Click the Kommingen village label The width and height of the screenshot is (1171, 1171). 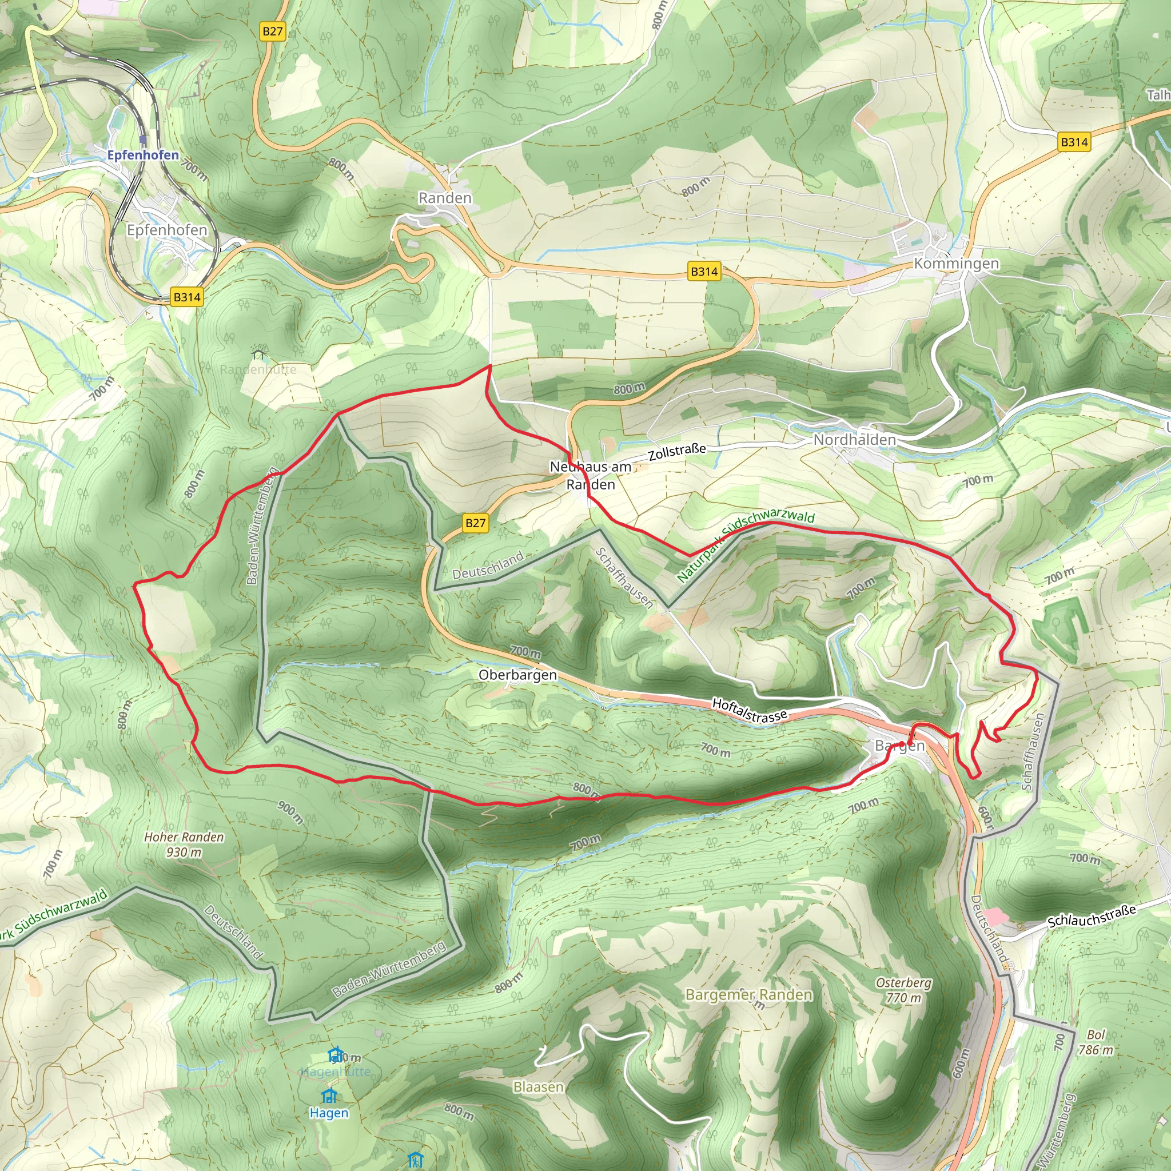(x=956, y=264)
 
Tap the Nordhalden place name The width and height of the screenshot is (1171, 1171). (x=854, y=440)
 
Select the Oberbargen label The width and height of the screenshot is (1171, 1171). (x=517, y=675)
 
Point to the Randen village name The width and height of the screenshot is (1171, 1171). (x=445, y=198)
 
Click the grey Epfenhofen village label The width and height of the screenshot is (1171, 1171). (x=167, y=230)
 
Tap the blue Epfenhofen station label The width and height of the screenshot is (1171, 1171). (x=143, y=155)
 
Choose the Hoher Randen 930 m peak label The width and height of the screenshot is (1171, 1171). (x=184, y=845)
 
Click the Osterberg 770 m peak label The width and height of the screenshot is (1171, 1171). (x=903, y=990)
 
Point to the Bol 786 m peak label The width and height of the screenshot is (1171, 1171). (x=1095, y=1042)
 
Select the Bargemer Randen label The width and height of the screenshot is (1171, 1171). (x=748, y=995)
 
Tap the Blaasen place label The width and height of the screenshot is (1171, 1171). (x=538, y=1087)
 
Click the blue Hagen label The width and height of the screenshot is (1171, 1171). (x=329, y=1113)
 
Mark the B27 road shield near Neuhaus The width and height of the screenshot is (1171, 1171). (x=475, y=523)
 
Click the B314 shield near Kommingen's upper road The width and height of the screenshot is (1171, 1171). (x=1074, y=142)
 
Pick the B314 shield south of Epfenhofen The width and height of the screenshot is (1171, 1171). (x=186, y=297)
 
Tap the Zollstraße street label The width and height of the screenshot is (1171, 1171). (x=677, y=452)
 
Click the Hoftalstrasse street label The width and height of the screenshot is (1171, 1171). (x=749, y=710)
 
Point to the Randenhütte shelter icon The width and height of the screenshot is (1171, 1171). (x=258, y=353)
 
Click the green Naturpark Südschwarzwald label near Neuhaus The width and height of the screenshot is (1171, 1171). (x=745, y=546)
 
